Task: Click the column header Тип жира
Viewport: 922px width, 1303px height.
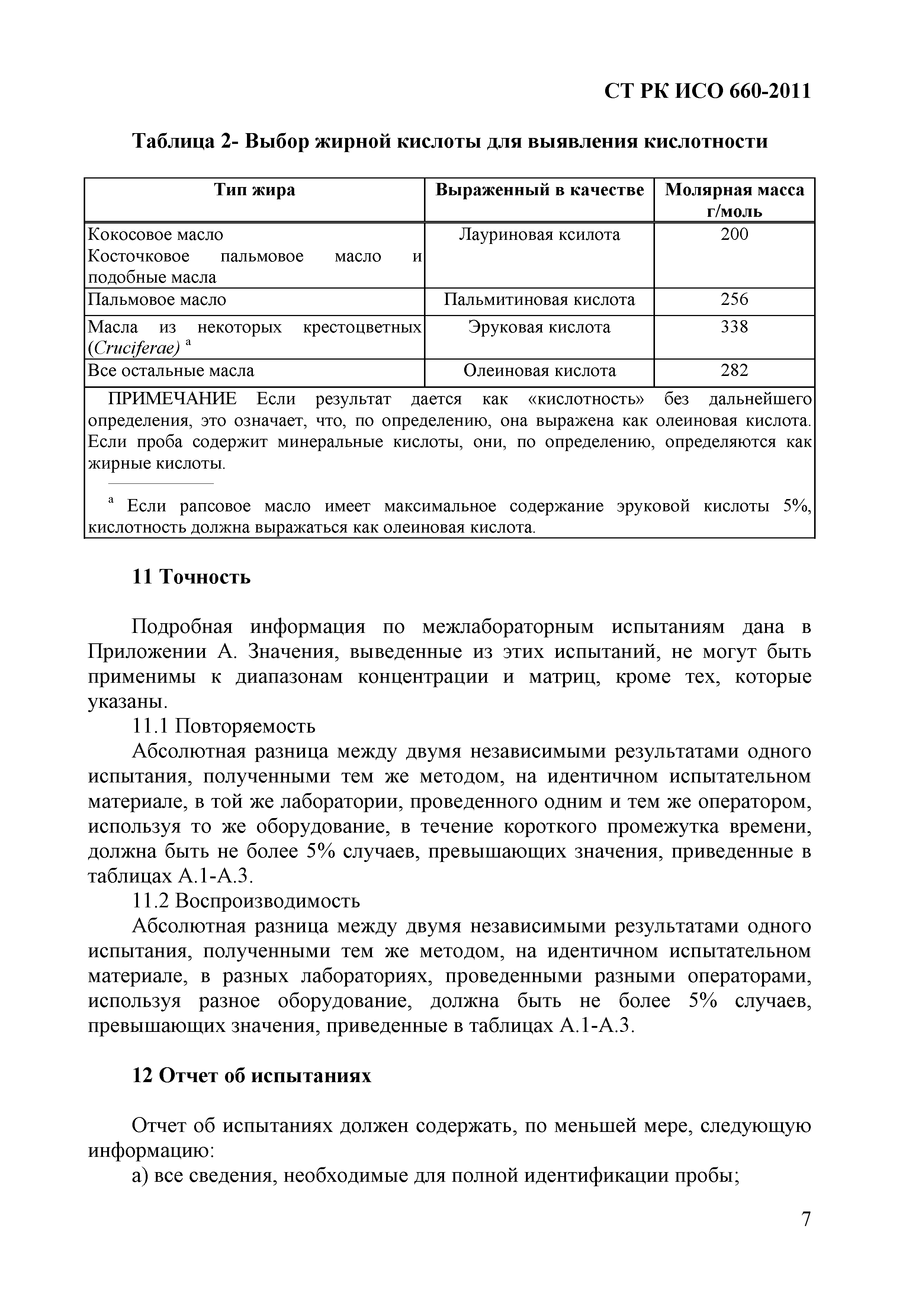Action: click(x=254, y=190)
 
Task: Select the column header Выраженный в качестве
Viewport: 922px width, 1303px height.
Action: click(x=539, y=190)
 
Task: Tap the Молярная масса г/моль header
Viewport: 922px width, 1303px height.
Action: click(x=734, y=200)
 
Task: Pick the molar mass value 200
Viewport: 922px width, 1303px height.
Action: click(x=734, y=234)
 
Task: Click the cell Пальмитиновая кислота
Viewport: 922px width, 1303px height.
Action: click(x=539, y=300)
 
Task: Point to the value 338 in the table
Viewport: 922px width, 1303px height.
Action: click(x=734, y=327)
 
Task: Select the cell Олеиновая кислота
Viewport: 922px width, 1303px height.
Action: click(x=539, y=371)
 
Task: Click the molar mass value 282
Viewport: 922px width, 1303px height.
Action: click(x=734, y=371)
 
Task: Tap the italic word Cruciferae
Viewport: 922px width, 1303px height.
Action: click(x=135, y=348)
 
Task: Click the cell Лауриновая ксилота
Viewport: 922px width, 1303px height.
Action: click(x=539, y=234)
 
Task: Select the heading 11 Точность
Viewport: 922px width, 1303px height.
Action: click(x=191, y=577)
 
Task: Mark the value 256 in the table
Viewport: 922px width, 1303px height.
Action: click(x=734, y=300)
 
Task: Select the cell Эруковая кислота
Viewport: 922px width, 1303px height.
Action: click(x=539, y=327)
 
